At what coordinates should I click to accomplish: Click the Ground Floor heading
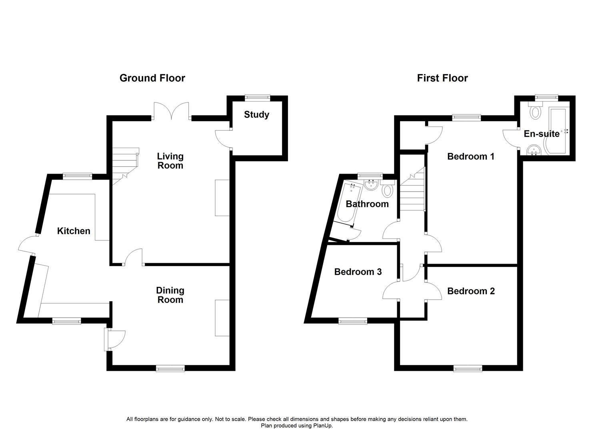152,78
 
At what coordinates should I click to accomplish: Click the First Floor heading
442,78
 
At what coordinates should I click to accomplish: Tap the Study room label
256,115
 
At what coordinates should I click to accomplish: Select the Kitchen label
74,231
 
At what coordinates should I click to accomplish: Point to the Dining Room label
170,295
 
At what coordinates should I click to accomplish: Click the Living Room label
170,161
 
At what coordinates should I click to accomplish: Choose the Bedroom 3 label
358,272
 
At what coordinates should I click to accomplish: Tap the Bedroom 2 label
471,291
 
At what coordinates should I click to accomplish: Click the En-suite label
541,134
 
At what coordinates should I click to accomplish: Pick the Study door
223,139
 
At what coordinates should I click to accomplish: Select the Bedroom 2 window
468,368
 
